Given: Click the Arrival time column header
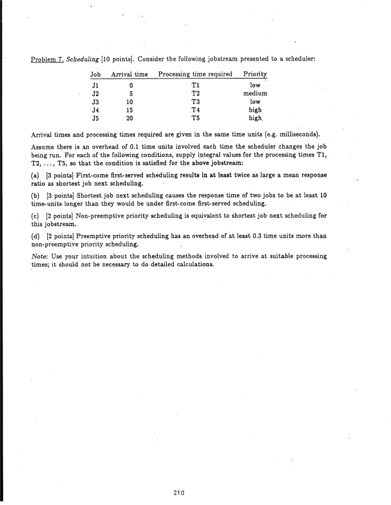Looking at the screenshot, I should click(x=130, y=75).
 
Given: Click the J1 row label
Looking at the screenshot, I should click(x=95, y=84).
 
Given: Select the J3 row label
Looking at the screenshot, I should click(x=95, y=101).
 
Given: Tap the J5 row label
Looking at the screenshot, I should click(x=95, y=117).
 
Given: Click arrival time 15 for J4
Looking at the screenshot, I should click(x=130, y=109).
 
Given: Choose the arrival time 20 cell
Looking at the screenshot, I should click(x=130, y=117).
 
